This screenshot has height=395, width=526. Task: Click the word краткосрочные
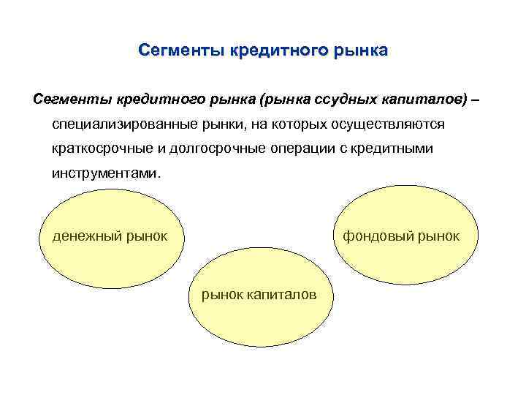pos(101,149)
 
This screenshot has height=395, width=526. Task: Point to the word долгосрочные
pos(214,149)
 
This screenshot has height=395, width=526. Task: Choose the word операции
pos(300,149)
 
